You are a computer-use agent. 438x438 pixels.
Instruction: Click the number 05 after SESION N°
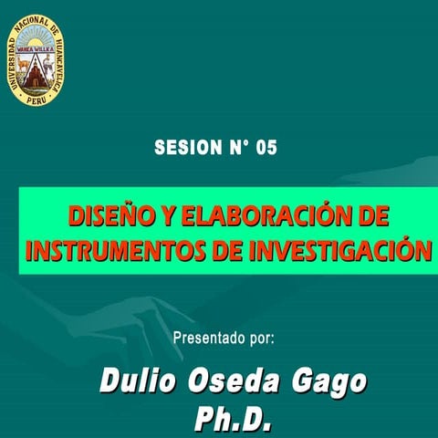click(266, 148)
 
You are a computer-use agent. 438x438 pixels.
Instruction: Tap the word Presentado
click(209, 338)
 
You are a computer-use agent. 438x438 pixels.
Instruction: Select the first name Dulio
click(140, 381)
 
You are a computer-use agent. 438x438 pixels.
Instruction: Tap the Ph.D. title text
click(235, 419)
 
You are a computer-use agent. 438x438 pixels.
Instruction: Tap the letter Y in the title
click(170, 218)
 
